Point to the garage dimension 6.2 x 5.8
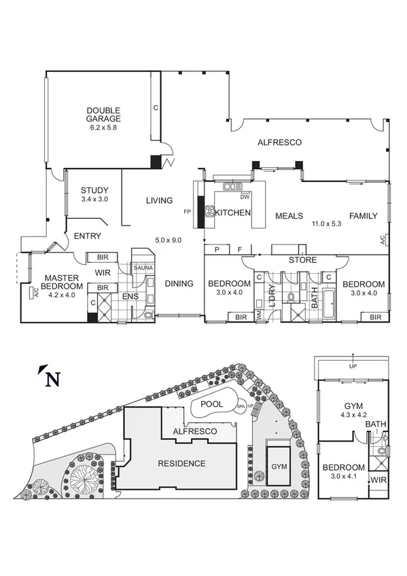[x=103, y=127]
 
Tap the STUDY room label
[x=94, y=190]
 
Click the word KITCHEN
[x=234, y=213]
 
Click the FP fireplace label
[x=188, y=212]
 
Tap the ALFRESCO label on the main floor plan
[x=279, y=142]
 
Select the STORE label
[x=303, y=259]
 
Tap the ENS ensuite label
[x=130, y=297]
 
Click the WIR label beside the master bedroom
[x=103, y=272]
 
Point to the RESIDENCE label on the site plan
[x=181, y=464]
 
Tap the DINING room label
[x=179, y=284]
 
